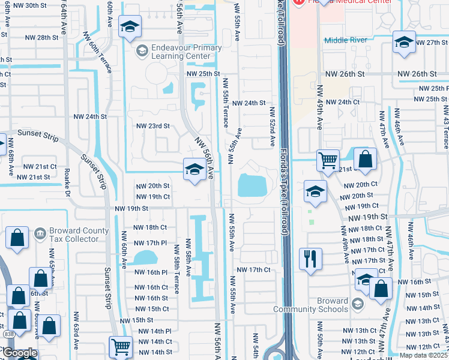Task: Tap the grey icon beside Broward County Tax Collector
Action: [x=40, y=232]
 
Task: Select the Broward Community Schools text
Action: [x=310, y=305]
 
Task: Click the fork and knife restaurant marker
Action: [x=310, y=259]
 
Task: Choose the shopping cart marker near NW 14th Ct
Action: [x=121, y=347]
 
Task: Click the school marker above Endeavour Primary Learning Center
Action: [x=130, y=27]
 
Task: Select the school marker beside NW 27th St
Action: [x=404, y=43]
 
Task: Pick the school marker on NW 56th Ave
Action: [x=194, y=170]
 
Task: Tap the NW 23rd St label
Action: [x=153, y=126]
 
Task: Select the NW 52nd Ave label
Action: [x=272, y=127]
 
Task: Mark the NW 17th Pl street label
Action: [x=150, y=242]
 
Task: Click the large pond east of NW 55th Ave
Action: [x=252, y=185]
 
